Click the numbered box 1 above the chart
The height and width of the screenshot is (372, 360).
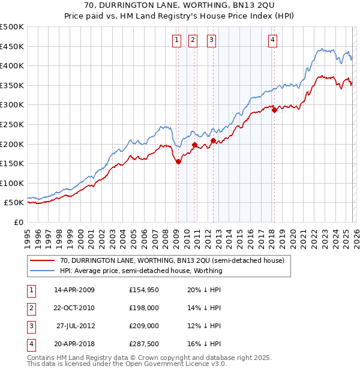click(178, 40)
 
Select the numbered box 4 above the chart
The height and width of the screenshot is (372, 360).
click(272, 40)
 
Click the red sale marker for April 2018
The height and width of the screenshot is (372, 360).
click(274, 110)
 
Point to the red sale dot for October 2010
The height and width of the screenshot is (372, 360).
click(194, 145)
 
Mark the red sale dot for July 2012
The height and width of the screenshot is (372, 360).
click(213, 140)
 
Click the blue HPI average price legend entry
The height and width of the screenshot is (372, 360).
click(141, 271)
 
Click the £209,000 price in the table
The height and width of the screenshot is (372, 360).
click(144, 326)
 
